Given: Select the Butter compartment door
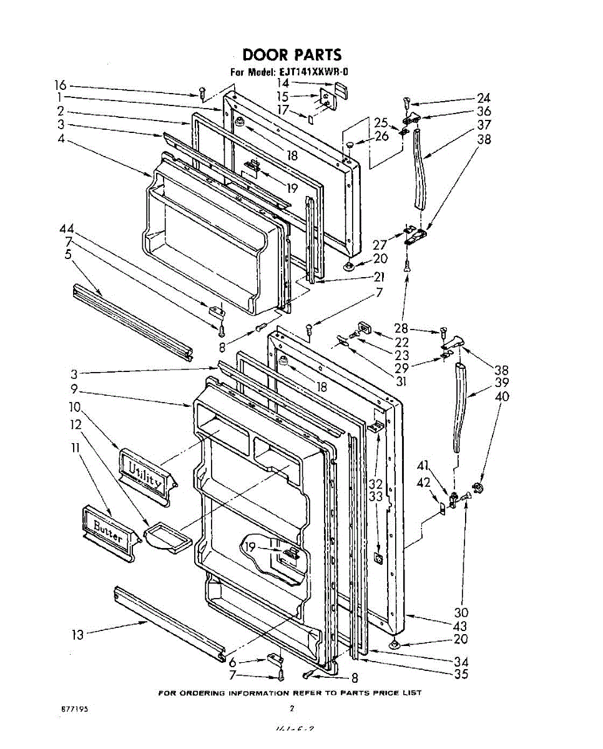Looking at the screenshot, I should tap(108, 529).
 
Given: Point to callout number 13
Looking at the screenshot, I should tap(77, 635).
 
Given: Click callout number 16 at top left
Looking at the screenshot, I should tap(60, 86).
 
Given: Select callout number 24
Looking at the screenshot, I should tap(483, 97).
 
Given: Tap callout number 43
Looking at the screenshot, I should tap(461, 625).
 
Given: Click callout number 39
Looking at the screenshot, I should tap(502, 383).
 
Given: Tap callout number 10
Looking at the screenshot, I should tap(75, 406).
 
